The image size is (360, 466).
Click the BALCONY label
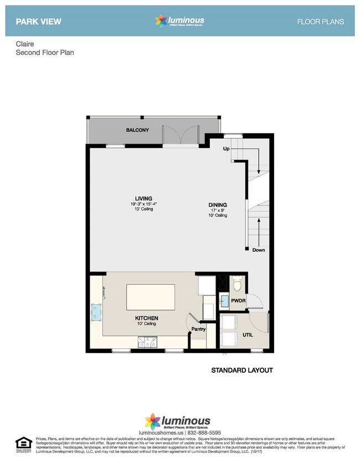coord(137,130)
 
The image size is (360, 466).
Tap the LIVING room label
coord(143,198)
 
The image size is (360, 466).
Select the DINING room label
coord(218,204)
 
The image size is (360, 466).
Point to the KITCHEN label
coord(147,318)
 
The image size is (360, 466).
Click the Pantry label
coord(198,329)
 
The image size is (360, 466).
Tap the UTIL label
coord(247,335)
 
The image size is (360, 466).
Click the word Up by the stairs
coord(226,150)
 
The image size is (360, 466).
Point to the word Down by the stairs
coord(258,250)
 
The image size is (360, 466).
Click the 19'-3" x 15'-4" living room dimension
coord(143,204)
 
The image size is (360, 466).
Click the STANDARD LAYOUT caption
coord(242,370)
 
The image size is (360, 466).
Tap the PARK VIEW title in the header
coord(38,22)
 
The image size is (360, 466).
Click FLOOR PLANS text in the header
coord(321,22)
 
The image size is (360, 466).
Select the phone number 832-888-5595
coord(199,433)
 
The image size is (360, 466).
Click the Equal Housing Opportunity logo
coord(23,443)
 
